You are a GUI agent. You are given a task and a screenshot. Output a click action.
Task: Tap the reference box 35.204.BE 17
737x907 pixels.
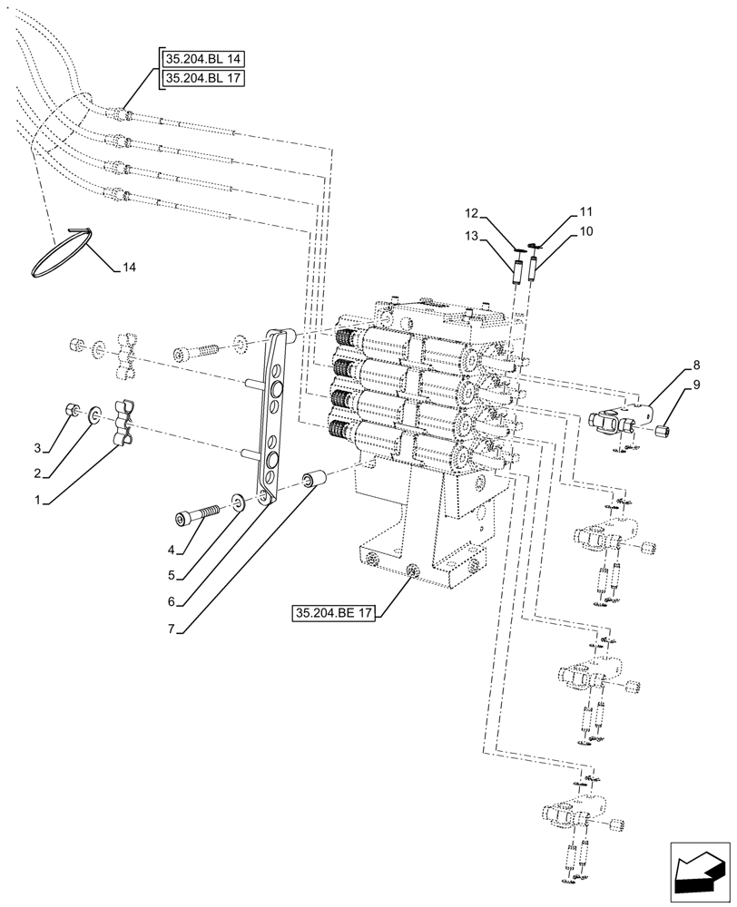pos(334,614)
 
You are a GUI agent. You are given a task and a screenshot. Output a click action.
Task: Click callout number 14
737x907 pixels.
pos(130,268)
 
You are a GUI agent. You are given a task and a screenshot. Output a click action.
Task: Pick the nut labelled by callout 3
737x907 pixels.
pos(72,410)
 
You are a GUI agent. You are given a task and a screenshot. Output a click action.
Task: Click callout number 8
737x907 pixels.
pos(696,366)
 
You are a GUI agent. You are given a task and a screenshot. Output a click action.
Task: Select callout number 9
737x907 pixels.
pos(696,385)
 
